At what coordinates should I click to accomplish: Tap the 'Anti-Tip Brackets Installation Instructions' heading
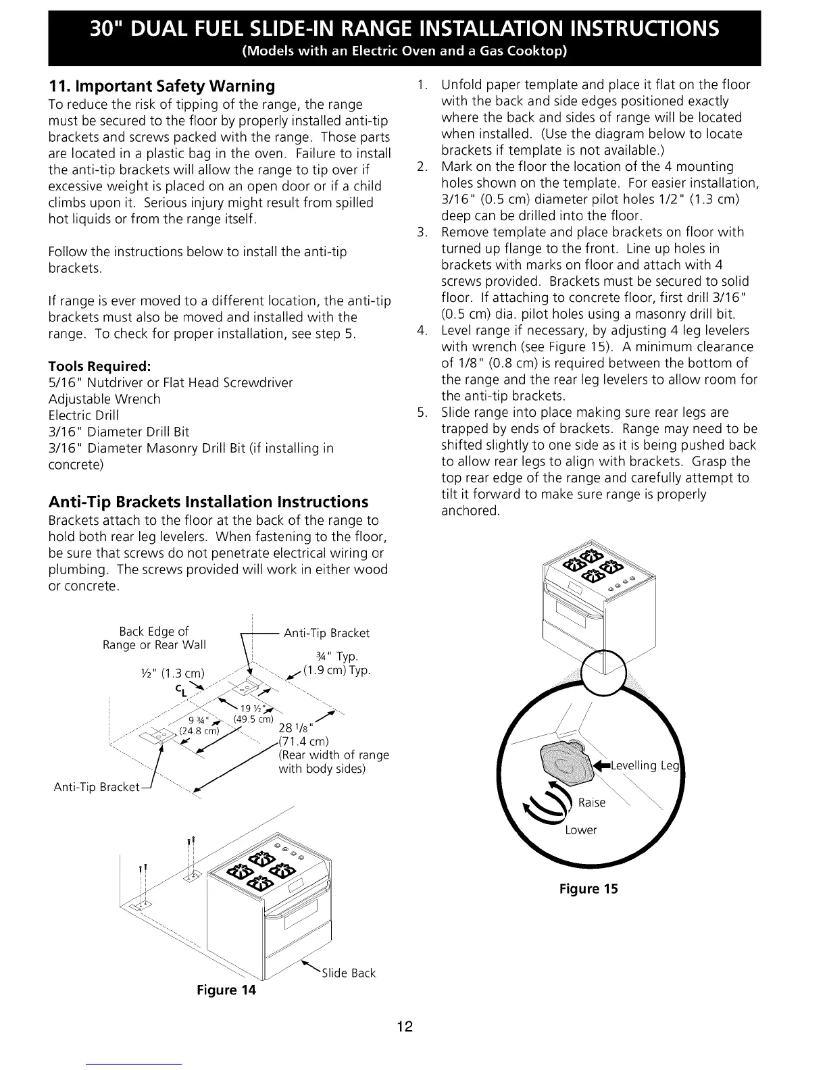tap(208, 502)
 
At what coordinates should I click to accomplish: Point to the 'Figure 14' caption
tap(226, 990)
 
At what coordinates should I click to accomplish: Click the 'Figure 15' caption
tap(588, 889)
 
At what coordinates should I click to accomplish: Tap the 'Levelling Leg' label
tap(643, 765)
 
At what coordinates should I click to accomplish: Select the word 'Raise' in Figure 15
tap(592, 802)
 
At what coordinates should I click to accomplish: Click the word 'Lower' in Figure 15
tap(581, 830)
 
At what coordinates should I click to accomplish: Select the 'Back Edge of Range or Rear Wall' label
tap(154, 638)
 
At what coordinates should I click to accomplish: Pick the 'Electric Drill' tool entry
tap(84, 415)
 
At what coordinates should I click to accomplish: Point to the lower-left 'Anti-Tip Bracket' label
tap(96, 788)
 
